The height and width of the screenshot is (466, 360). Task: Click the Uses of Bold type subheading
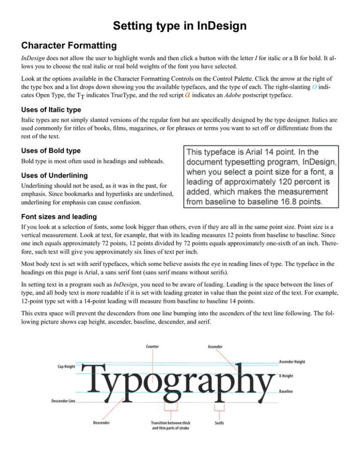tap(45, 151)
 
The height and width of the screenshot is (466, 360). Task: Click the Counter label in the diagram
tap(152, 346)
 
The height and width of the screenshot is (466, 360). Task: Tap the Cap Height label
tap(63, 367)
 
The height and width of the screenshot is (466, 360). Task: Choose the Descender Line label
tap(62, 402)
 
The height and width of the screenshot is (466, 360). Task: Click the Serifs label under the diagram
tap(218, 423)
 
